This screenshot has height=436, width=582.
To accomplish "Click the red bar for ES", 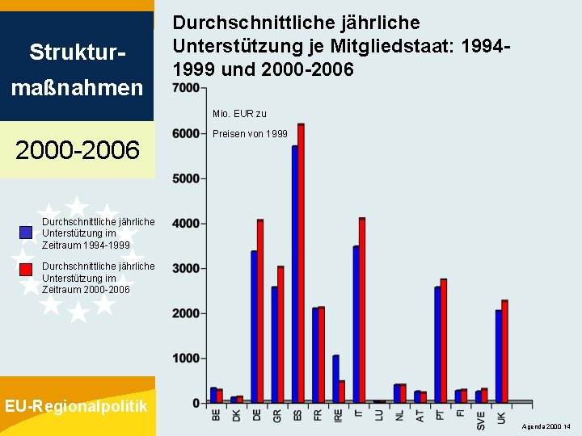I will (301, 262).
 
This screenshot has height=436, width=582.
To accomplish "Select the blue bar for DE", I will (254, 326).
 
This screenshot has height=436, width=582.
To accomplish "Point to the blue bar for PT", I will (437, 344).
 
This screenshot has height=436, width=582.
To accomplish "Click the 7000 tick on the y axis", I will (187, 88).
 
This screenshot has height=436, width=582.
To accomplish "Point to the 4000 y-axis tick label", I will (187, 224).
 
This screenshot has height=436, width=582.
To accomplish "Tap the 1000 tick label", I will (187, 358).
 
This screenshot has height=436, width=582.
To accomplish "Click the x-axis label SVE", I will (481, 420).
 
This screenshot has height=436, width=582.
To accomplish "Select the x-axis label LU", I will (379, 417).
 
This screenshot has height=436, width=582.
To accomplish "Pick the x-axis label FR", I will (317, 417).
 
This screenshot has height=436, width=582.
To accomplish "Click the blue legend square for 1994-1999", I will (26, 233).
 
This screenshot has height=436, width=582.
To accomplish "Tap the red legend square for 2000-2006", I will (26, 270).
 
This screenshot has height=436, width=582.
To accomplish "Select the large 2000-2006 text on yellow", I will (78, 149).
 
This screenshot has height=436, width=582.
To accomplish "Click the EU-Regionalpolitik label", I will (76, 406).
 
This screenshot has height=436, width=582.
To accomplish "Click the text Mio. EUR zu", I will (239, 114).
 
